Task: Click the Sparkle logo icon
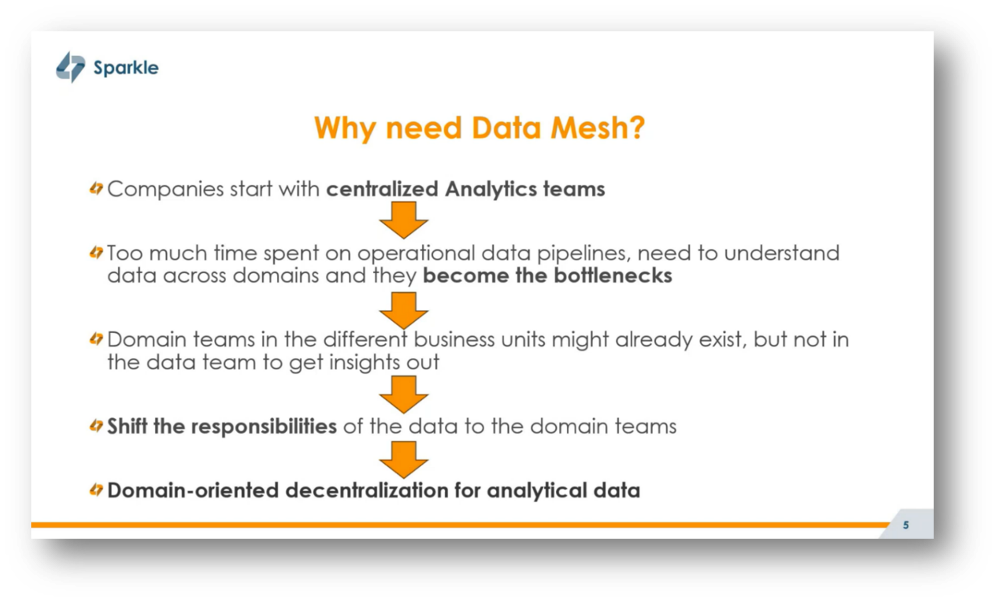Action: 70,67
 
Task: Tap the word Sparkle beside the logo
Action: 126,68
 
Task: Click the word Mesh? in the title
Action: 598,127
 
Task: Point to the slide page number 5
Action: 906,525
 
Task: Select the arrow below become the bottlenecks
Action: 403,310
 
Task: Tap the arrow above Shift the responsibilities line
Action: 403,394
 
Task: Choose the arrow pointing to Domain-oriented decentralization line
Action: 403,459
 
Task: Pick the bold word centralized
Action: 382,189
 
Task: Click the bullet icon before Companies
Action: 96,189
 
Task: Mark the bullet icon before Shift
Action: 96,426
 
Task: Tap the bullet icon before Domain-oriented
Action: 96,490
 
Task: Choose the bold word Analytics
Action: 491,189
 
